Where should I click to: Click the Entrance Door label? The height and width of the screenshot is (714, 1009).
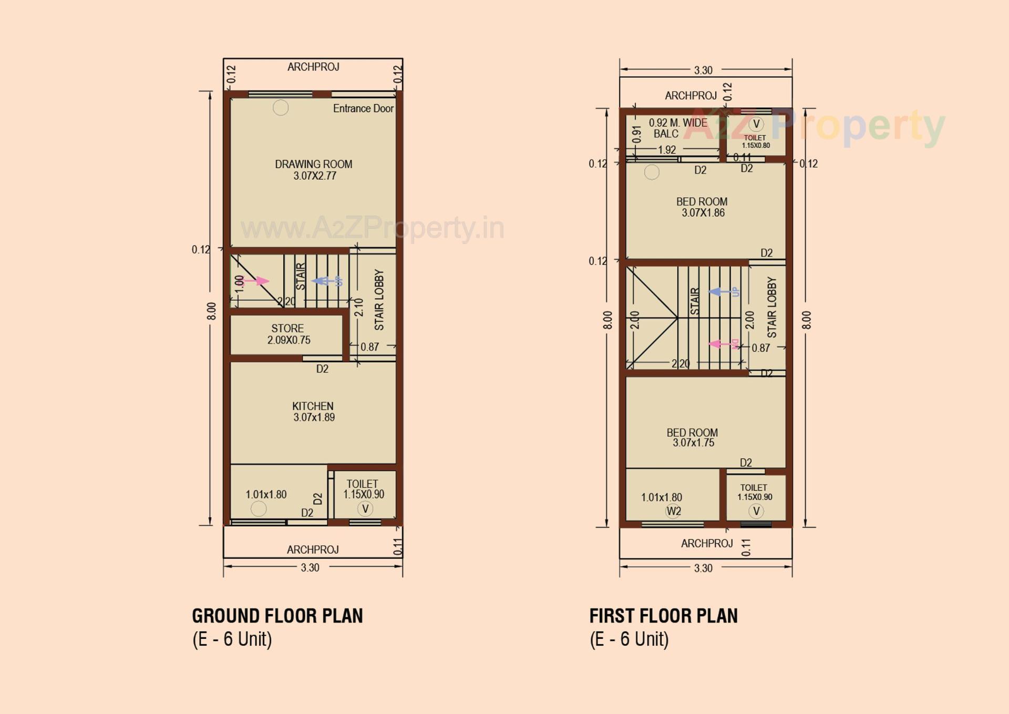[363, 108]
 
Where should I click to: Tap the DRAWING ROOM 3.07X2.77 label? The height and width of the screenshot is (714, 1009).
[314, 170]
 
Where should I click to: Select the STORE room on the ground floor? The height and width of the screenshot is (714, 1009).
[287, 334]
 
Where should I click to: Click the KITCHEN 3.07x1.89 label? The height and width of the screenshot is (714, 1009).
[313, 412]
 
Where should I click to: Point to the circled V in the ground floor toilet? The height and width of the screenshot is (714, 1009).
[365, 508]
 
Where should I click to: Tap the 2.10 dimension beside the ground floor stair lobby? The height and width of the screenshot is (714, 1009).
[358, 308]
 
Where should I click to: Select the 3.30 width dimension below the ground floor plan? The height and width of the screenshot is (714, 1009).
[310, 567]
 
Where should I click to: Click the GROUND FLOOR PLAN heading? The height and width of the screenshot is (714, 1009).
[277, 616]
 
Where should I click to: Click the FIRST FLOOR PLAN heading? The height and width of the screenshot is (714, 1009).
[663, 616]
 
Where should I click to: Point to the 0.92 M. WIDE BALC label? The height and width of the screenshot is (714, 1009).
[677, 128]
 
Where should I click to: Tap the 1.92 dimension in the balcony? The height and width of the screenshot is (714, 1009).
[667, 150]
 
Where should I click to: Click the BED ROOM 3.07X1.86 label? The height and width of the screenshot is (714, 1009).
[702, 207]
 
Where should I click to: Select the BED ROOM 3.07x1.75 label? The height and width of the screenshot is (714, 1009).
[692, 437]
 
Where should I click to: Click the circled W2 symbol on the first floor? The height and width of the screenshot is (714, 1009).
[673, 511]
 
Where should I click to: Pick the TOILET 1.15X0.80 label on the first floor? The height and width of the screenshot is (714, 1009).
[755, 141]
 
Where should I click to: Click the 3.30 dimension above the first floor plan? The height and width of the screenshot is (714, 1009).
[703, 70]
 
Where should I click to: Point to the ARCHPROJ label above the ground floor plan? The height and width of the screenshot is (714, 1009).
[313, 67]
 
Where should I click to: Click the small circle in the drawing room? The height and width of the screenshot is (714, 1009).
[281, 108]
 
